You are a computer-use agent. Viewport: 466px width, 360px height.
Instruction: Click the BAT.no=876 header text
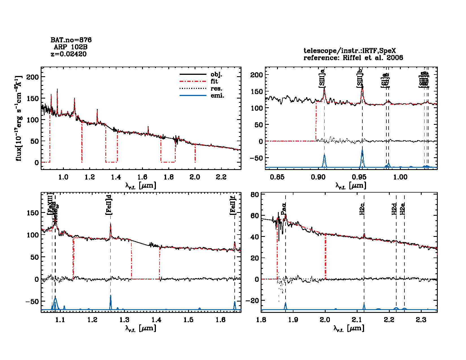pos(71,40)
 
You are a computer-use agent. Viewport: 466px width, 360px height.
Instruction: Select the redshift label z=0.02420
pos(69,54)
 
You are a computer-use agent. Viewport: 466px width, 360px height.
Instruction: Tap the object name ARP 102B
pos(71,47)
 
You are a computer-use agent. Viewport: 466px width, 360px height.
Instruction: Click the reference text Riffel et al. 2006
pos(373,58)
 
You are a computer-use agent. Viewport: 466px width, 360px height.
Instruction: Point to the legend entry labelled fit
pos(214,82)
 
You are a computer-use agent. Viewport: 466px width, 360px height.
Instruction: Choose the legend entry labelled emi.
pos(217,96)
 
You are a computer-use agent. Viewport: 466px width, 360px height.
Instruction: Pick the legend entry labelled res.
pos(216,89)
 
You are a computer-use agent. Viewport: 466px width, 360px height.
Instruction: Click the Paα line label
pos(284,209)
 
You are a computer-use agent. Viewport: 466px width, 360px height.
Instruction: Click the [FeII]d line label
pos(109,204)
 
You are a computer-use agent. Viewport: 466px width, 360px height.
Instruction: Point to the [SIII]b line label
pos(360,78)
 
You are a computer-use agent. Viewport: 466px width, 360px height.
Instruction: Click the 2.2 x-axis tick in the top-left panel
pos(221,177)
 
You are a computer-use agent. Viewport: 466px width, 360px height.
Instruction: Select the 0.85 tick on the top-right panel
pos(277,177)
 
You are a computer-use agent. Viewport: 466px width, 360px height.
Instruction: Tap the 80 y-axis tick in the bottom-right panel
pos(255,195)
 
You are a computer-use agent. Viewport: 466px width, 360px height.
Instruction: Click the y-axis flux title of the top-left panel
pos(19,118)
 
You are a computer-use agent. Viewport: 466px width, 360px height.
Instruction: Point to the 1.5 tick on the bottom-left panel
pos(188,320)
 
